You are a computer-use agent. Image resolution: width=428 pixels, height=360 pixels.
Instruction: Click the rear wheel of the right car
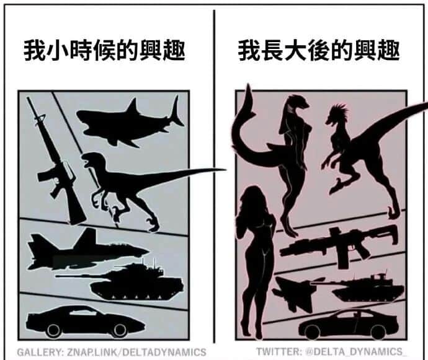[378, 331]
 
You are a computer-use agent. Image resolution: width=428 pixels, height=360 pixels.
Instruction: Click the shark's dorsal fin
[133, 107]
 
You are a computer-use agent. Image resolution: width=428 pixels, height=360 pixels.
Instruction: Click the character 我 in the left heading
[34, 51]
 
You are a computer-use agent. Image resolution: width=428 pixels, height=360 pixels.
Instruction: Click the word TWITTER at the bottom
[278, 351]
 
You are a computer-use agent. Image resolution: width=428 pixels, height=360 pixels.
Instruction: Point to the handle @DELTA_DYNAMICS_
[355, 351]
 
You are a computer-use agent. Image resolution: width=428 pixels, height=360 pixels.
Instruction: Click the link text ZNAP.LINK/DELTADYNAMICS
[136, 352]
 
